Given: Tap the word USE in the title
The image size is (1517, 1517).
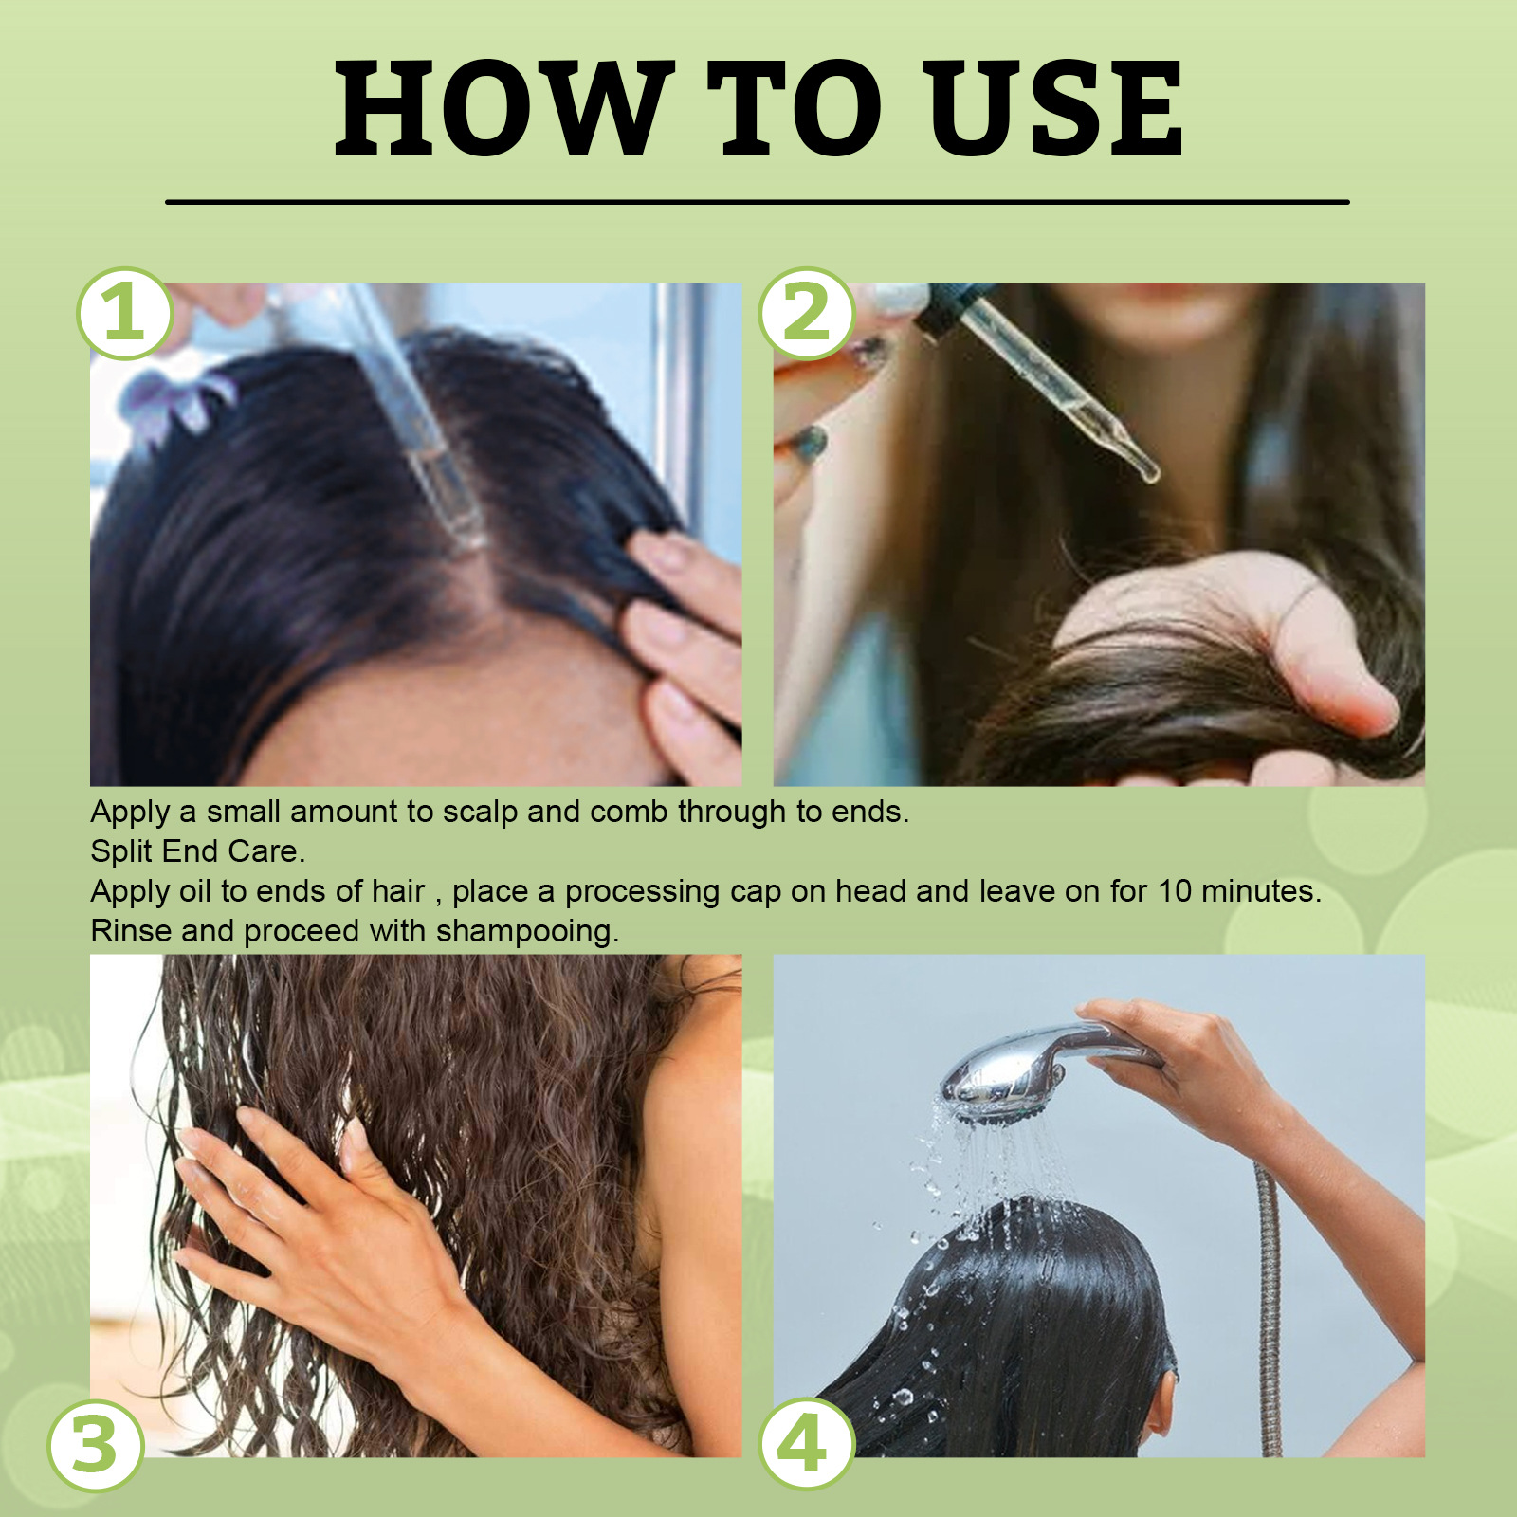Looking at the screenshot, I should tap(1056, 108).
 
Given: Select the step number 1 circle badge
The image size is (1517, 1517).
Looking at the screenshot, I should tap(124, 314).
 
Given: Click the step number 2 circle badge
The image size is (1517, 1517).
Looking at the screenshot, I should tap(807, 314).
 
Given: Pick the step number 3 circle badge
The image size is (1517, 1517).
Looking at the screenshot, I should tap(96, 1446).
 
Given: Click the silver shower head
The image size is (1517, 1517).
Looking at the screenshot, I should tap(1005, 1076).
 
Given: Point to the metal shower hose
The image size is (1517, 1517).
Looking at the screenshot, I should tap(1269, 1308).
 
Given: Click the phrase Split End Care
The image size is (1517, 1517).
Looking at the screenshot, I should tap(197, 851).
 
